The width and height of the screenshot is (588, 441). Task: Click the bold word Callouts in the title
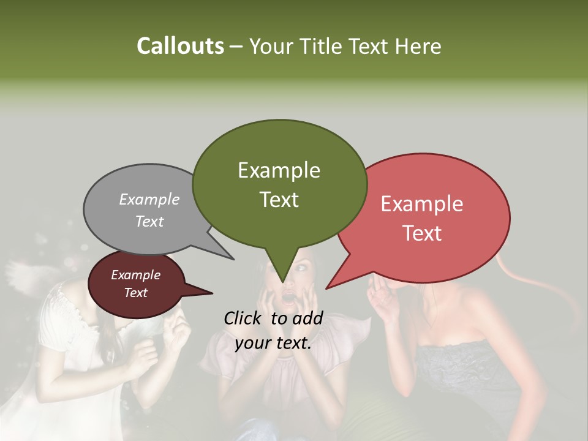pos(180,46)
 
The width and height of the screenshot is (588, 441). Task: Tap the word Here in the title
pos(418,46)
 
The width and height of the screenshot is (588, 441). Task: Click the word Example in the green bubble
pos(279,170)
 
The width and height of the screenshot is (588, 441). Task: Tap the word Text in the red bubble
pos(423,233)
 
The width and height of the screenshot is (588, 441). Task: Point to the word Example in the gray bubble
pos(149,199)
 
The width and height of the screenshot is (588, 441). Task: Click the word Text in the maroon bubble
pos(136,293)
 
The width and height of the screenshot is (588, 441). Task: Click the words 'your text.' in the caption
pos(273,343)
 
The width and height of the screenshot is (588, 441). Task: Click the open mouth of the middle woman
pos(287,298)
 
